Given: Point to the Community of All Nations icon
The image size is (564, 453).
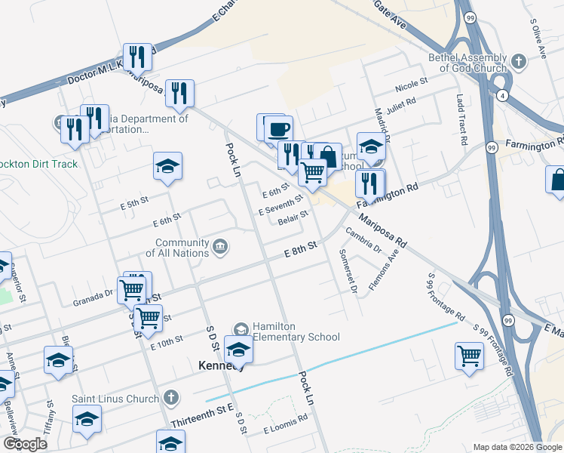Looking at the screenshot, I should pyautogui.click(x=220, y=245).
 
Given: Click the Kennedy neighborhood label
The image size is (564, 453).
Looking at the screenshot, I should pyautogui.click(x=220, y=365).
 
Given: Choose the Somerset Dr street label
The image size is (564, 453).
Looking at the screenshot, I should pyautogui.click(x=348, y=270).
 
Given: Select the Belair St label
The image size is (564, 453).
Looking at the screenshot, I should pyautogui.click(x=293, y=219).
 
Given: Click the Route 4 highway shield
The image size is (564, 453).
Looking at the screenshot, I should pyautogui.click(x=501, y=95).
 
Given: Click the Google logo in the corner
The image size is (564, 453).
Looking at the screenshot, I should pyautogui.click(x=25, y=443).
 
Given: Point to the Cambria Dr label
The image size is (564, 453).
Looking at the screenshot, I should pyautogui.click(x=365, y=240).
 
